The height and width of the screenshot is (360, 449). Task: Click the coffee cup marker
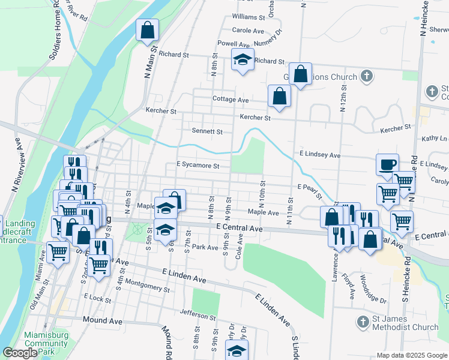[x=387, y=164]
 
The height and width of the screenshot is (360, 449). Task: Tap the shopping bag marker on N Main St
[x=147, y=30]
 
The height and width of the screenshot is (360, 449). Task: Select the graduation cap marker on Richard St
[x=243, y=60]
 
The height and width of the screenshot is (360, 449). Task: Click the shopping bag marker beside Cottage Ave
[x=279, y=96]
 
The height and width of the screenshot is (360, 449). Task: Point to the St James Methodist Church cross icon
[x=362, y=322]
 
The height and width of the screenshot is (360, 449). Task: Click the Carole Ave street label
[x=248, y=31]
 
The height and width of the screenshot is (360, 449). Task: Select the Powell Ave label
[x=234, y=44]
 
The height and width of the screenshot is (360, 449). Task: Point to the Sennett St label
[x=207, y=131]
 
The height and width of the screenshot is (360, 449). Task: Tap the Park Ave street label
[x=205, y=247]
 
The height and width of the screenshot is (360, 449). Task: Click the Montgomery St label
[x=148, y=288]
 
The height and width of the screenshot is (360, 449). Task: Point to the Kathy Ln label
[x=435, y=139]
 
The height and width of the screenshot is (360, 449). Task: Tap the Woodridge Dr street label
[x=375, y=288]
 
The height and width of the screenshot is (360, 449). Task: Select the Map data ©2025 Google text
[x=411, y=355]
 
